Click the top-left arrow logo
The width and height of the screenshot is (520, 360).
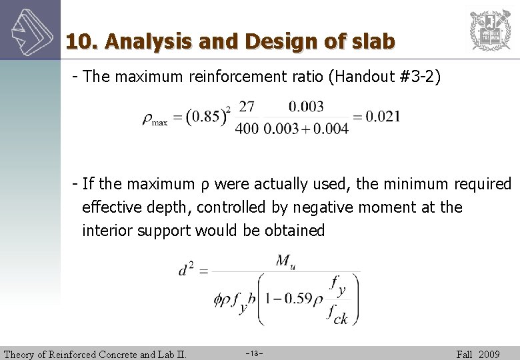point(29,29)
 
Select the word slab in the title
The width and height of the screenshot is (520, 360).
point(371,41)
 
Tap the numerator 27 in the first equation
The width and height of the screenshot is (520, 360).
point(246,107)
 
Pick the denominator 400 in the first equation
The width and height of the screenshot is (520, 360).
point(246,129)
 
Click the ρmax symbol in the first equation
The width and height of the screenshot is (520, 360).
point(155,119)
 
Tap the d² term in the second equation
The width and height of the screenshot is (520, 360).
point(186,270)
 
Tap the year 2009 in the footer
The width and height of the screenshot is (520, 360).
point(489,354)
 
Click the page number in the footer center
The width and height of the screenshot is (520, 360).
point(255,354)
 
